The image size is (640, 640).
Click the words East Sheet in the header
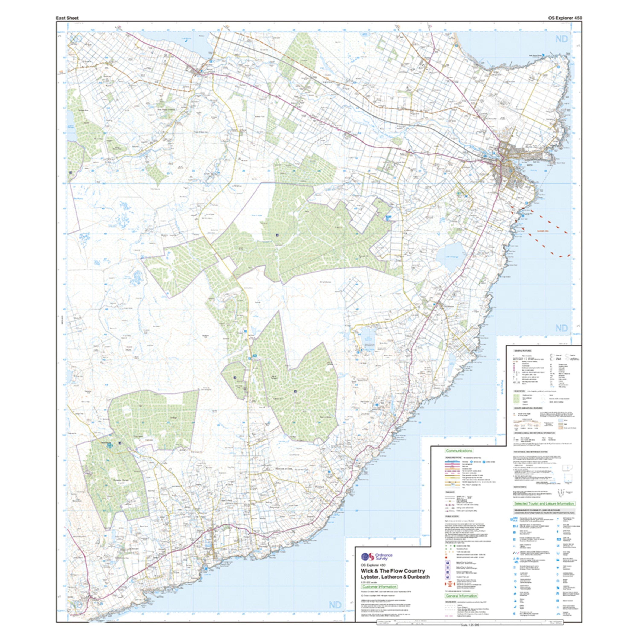(x=67, y=18)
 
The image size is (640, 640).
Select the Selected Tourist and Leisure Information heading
(x=544, y=513)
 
